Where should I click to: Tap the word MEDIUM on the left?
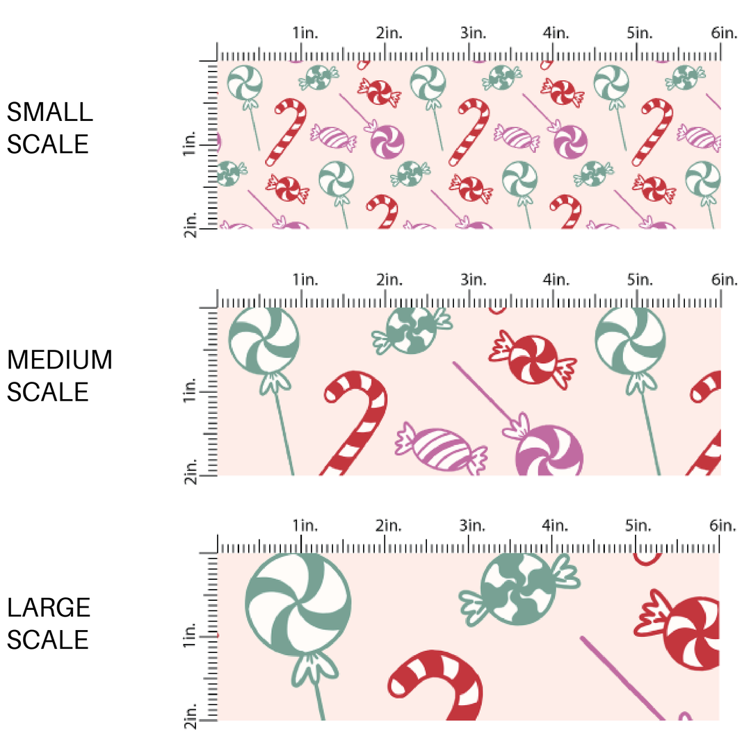point(59,360)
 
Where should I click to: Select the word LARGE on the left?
point(49,607)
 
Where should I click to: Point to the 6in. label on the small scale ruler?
point(723,33)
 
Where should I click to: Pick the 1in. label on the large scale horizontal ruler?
point(305,526)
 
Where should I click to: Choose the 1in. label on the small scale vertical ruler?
point(188,145)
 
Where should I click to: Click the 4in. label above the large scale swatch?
point(557,526)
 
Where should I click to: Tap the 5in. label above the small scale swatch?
point(640,33)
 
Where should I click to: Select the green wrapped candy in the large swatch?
point(519,589)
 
